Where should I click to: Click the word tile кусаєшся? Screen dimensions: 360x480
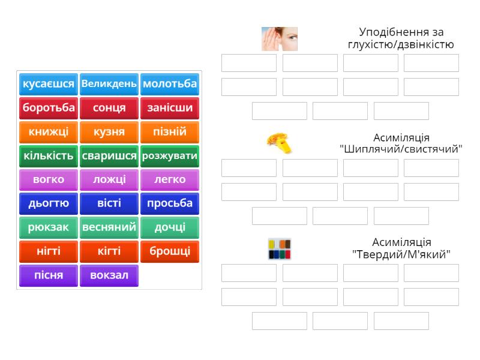(x=49, y=84)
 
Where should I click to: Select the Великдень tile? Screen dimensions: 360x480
(x=109, y=84)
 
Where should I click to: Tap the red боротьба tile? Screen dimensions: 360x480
(x=49, y=108)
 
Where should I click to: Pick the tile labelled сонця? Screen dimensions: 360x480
(x=109, y=108)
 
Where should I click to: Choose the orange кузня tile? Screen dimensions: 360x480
(x=109, y=132)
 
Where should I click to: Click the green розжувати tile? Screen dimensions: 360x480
(x=170, y=156)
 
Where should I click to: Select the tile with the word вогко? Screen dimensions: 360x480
(x=49, y=179)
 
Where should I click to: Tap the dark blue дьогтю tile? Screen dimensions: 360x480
(x=49, y=203)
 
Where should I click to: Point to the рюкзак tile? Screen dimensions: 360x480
(x=49, y=227)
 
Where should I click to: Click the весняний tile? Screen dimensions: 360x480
(x=109, y=227)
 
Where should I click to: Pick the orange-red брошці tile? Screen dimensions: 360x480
(x=170, y=251)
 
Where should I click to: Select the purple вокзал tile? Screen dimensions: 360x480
(x=109, y=275)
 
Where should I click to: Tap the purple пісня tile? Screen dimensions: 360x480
(x=49, y=275)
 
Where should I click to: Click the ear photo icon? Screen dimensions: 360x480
(x=279, y=38)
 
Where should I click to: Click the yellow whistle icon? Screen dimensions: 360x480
(x=279, y=143)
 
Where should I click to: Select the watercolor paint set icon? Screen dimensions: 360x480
(x=279, y=248)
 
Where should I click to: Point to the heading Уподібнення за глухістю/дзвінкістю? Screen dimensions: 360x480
(x=401, y=38)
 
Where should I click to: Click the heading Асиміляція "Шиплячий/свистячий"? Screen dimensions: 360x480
(x=401, y=143)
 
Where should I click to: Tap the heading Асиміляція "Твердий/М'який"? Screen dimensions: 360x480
(x=401, y=248)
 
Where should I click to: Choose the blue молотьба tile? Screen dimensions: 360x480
(x=170, y=84)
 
